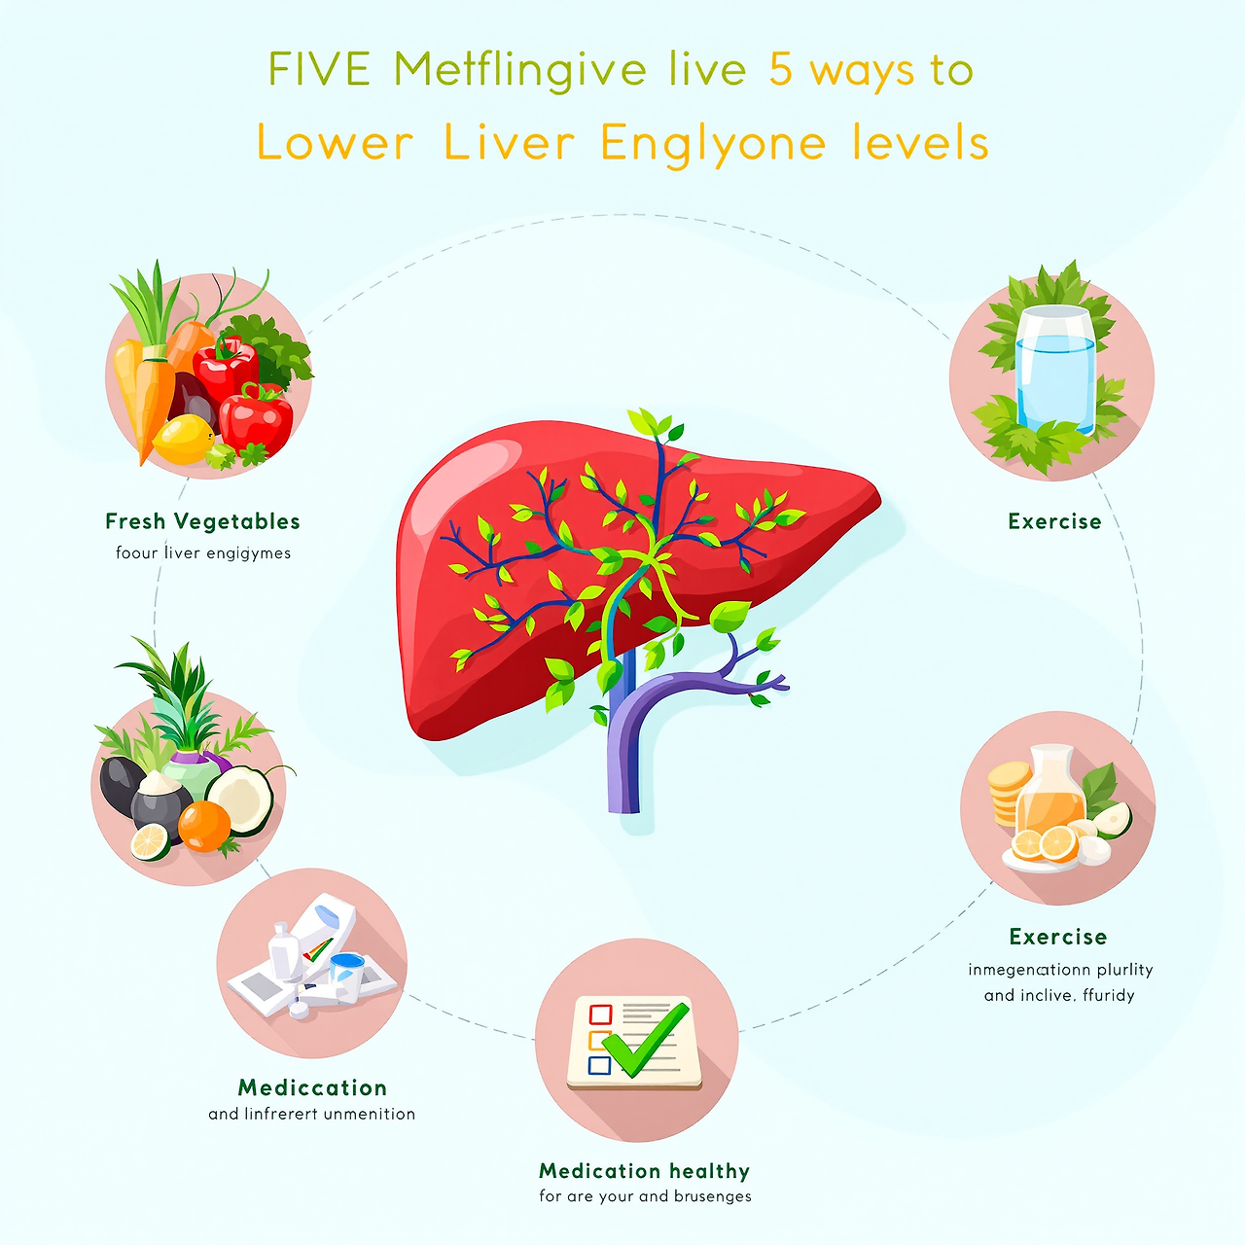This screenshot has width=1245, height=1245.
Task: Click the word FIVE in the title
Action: pyautogui.click(x=319, y=70)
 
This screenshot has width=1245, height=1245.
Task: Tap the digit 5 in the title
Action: pyautogui.click(x=780, y=70)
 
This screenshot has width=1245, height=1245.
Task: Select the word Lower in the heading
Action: pyautogui.click(x=336, y=144)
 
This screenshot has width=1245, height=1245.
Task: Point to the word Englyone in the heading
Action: pyautogui.click(x=713, y=145)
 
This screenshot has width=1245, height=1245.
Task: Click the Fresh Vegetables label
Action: pyautogui.click(x=202, y=521)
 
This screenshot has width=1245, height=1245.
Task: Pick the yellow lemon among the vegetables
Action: pyautogui.click(x=183, y=439)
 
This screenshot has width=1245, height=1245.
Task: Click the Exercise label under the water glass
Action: pyautogui.click(x=1054, y=521)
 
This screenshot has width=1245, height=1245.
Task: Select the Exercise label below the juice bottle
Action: pyautogui.click(x=1058, y=937)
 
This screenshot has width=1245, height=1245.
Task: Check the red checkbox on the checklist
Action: pyautogui.click(x=600, y=1014)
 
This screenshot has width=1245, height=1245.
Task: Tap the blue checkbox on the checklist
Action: pyautogui.click(x=599, y=1065)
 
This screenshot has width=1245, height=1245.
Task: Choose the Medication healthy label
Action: pyautogui.click(x=644, y=1171)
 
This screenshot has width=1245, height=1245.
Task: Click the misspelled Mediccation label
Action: pyautogui.click(x=312, y=1087)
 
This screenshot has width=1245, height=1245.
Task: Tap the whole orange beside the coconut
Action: pyautogui.click(x=204, y=827)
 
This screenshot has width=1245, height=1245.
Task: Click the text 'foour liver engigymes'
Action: pyautogui.click(x=203, y=553)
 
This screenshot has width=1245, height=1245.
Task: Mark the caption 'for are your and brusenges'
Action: pyautogui.click(x=645, y=1196)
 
